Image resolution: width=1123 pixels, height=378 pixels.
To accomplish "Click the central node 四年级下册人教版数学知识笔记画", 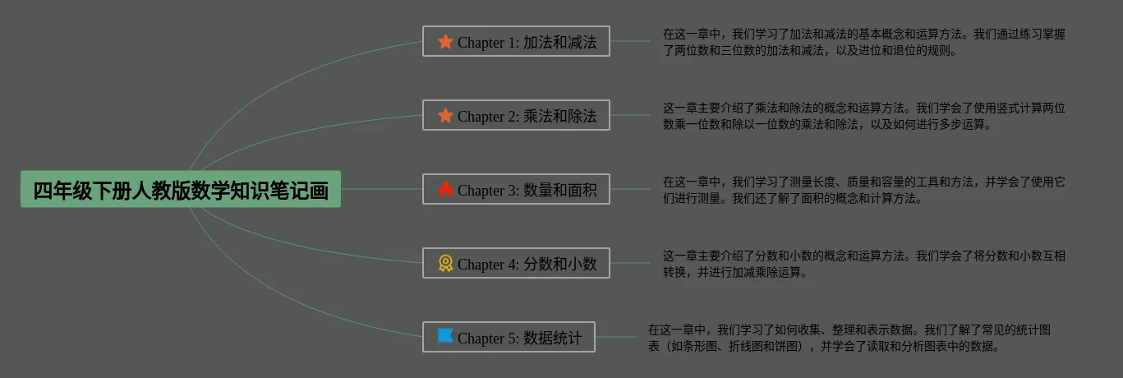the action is click(x=181, y=190).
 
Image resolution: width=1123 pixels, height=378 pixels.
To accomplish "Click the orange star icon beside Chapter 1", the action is click(x=445, y=41).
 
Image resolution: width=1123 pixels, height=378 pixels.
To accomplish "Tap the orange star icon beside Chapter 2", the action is click(x=445, y=115).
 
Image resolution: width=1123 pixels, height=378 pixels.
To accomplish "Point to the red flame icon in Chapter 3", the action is click(x=445, y=189).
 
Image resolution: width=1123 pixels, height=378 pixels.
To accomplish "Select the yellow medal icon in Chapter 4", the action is click(x=445, y=263).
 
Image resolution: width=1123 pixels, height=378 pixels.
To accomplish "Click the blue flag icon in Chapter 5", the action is click(x=445, y=336).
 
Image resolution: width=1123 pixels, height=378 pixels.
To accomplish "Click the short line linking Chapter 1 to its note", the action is click(x=630, y=41).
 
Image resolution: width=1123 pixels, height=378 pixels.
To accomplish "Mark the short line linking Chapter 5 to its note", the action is click(x=615, y=337).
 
